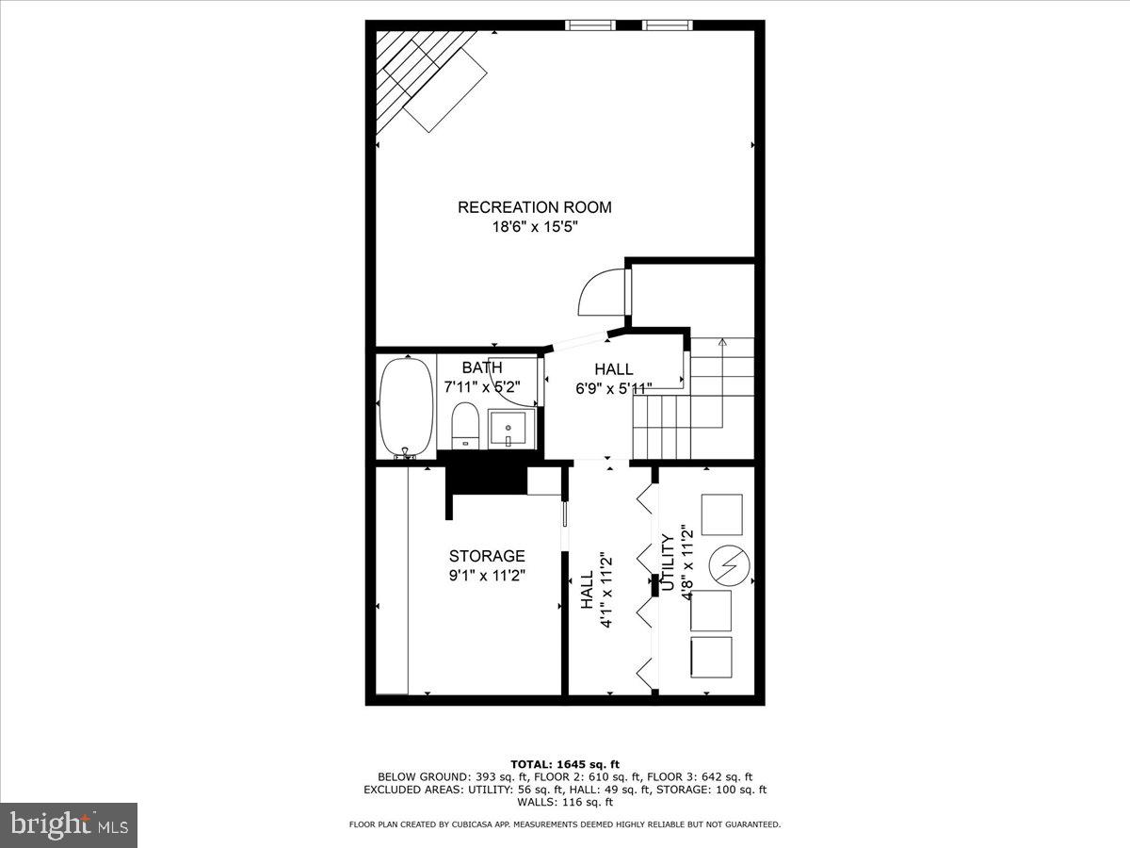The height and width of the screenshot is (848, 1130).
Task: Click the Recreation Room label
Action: (x=534, y=207)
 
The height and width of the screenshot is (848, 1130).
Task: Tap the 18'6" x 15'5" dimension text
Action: (x=534, y=228)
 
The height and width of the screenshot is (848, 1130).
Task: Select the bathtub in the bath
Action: (x=406, y=408)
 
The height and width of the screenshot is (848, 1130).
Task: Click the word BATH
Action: (x=482, y=367)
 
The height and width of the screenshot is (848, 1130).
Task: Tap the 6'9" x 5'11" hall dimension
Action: (x=614, y=387)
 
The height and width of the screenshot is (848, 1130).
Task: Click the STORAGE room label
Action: (x=486, y=556)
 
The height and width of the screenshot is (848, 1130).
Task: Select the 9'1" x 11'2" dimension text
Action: (x=486, y=575)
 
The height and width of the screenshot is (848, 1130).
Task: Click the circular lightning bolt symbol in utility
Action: (x=729, y=565)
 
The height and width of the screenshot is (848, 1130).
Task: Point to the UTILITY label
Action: (x=668, y=563)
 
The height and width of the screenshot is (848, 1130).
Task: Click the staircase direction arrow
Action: (x=721, y=345)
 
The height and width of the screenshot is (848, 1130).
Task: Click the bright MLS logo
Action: (x=69, y=825)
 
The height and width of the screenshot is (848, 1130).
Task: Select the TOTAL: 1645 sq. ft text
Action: (x=564, y=764)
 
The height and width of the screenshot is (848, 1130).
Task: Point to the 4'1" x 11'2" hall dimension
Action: (x=597, y=585)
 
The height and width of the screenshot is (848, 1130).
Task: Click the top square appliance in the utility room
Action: (x=721, y=514)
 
